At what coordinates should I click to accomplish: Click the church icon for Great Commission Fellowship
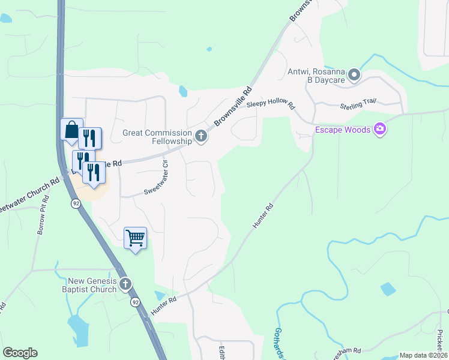coord(201,137)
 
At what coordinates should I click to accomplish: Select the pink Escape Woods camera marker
coord(379,130)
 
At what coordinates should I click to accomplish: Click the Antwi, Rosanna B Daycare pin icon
coord(354,75)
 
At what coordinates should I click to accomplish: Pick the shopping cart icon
coord(135,238)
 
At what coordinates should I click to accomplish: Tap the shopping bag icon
coord(71,130)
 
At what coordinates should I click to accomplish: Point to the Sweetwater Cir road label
coord(155,176)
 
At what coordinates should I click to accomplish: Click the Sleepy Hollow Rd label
coord(271,103)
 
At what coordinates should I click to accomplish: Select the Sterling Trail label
coord(358,103)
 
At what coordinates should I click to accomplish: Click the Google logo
coord(20,353)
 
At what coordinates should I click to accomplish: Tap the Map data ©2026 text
coord(423,355)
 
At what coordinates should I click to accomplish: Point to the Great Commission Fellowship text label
coord(157,137)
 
